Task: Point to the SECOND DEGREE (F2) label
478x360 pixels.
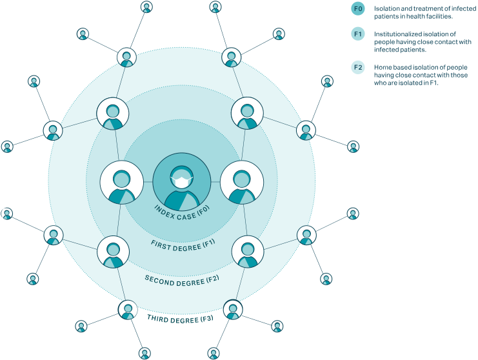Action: (x=183, y=279)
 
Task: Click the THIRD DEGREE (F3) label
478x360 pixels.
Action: (x=180, y=318)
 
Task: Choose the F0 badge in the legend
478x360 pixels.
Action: (x=359, y=8)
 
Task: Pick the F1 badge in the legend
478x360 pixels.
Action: (x=359, y=34)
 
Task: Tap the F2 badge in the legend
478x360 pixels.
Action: (x=359, y=67)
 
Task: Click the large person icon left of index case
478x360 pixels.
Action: (x=121, y=183)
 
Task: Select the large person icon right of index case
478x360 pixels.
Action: (x=241, y=183)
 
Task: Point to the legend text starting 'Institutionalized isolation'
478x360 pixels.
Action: (x=419, y=41)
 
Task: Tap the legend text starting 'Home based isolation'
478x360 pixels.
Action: (x=420, y=75)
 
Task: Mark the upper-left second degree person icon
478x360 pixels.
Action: (x=113, y=114)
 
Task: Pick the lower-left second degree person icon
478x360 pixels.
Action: (x=113, y=252)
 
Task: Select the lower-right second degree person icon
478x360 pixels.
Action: (x=247, y=252)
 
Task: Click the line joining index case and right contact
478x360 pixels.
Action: (x=215, y=183)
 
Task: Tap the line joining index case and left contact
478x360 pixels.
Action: (x=148, y=183)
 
